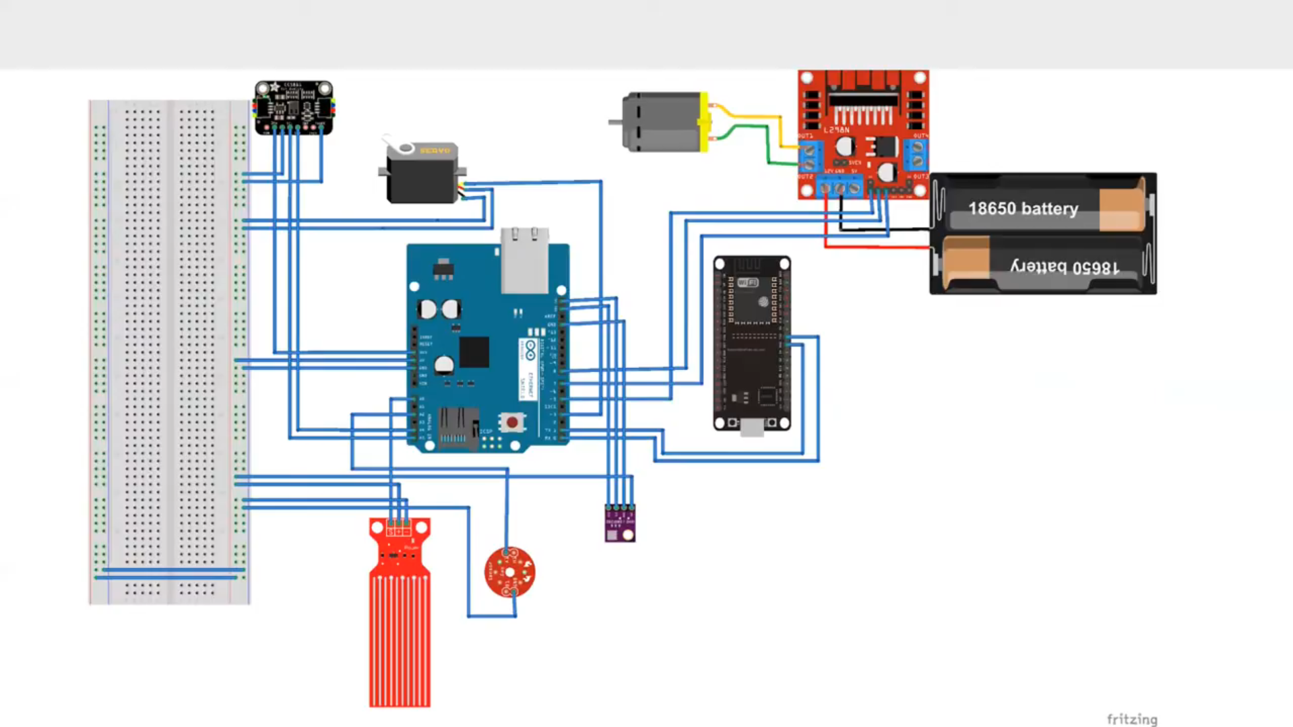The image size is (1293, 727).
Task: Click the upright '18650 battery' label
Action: [x=1023, y=209]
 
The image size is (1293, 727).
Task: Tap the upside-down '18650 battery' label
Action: [x=1064, y=267]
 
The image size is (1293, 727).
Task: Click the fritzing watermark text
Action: [x=1132, y=719]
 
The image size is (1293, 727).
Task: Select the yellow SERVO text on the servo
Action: [x=435, y=150]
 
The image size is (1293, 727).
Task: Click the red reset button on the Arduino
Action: [x=512, y=422]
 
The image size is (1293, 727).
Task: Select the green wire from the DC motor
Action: [x=748, y=127]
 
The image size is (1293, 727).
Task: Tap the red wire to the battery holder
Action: [x=876, y=247]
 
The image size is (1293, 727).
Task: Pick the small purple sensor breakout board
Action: [x=620, y=524]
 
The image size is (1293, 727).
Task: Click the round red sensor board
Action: [x=510, y=572]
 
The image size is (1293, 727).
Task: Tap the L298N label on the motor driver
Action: [x=836, y=129]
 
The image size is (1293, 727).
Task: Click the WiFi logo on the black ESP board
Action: [x=747, y=282]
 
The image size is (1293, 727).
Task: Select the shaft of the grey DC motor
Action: [x=614, y=123]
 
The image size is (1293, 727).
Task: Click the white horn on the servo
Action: [x=398, y=145]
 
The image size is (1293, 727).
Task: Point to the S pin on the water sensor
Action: [x=390, y=532]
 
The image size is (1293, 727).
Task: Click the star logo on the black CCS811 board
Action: [x=274, y=88]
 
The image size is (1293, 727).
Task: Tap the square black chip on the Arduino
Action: [x=474, y=352]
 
